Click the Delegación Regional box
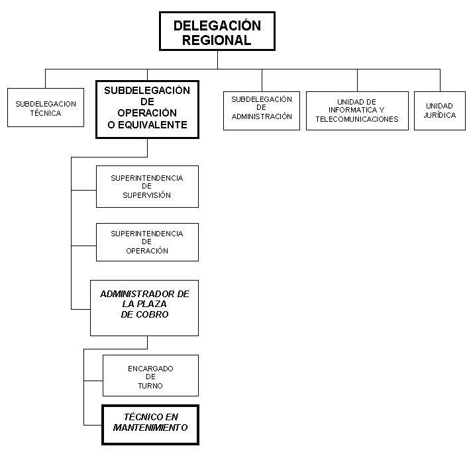pos(217,31)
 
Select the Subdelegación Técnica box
pos(46,108)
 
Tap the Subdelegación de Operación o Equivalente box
pos(148,109)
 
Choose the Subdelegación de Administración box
pos(262,111)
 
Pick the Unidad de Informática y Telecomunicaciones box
pos(358,111)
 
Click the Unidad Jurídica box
pos(440,111)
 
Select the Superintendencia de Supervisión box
pos(148,187)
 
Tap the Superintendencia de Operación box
pos(148,242)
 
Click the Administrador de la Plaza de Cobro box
pos(144,308)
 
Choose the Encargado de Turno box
pos(151,375)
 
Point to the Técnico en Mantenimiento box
pos(150,425)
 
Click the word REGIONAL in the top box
pos(217,40)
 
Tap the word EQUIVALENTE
pos(152,125)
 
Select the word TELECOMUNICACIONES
pos(357,119)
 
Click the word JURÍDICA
pos(440,115)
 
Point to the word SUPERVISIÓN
pos(147,195)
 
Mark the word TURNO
pos(150,386)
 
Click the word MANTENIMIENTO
pos(150,428)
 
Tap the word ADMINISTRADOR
pos(137,294)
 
